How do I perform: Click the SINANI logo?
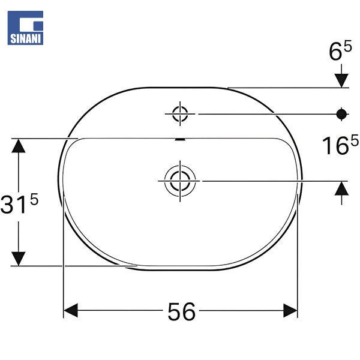pyautogui.click(x=25, y=28)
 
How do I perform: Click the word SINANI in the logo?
pyautogui.click(x=25, y=38)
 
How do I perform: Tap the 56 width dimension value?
pyautogui.click(x=181, y=311)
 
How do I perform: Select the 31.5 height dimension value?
pyautogui.click(x=19, y=203)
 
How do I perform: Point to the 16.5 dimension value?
pyautogui.click(x=340, y=145)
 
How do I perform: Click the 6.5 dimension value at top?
pyautogui.click(x=340, y=50)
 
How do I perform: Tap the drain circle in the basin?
pyautogui.click(x=180, y=181)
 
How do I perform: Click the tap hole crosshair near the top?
pyautogui.click(x=180, y=113)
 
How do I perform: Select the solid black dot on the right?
pyautogui.click(x=341, y=114)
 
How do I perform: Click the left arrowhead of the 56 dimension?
pyautogui.click(x=70, y=310)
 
